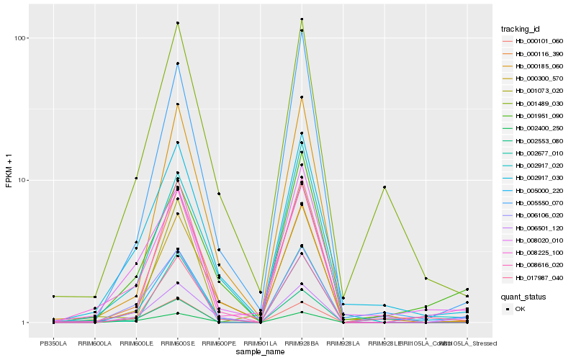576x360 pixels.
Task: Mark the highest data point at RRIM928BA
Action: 302,19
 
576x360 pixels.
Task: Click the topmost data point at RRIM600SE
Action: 177,23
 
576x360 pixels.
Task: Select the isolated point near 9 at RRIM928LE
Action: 384,187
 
